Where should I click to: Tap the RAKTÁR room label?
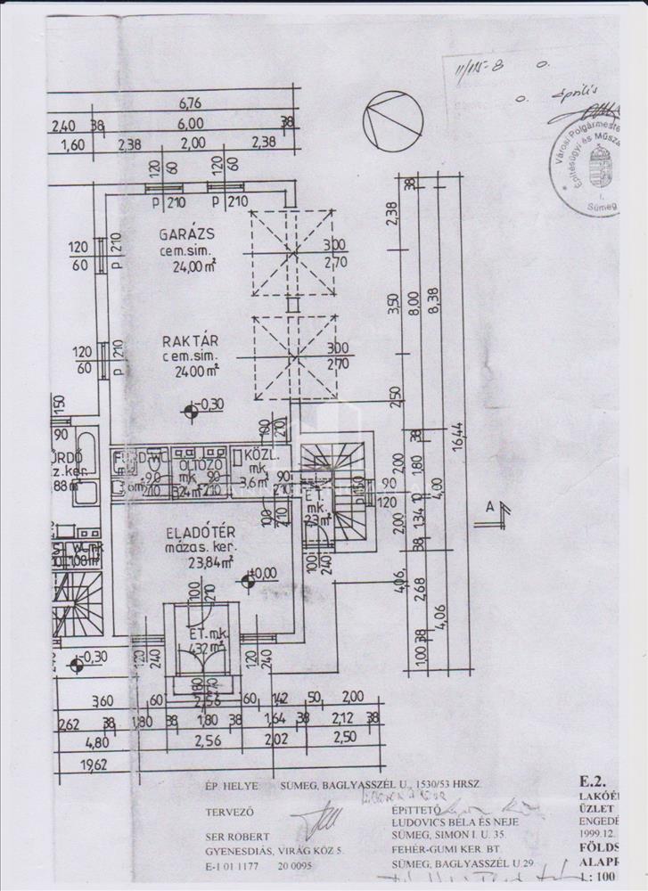click(185, 341)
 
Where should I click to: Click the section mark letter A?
click(488, 505)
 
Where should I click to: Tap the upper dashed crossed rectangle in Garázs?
click(291, 253)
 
